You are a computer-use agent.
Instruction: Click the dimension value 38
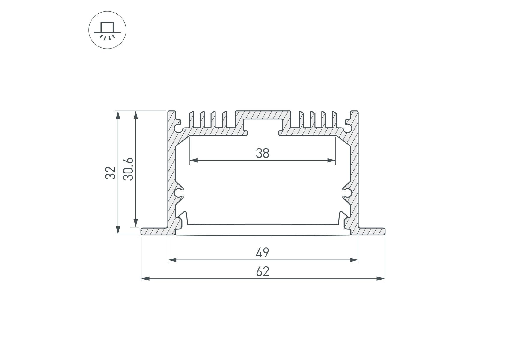pyautogui.click(x=263, y=153)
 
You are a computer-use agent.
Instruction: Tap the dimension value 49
pyautogui.click(x=263, y=253)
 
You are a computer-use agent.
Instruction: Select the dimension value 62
pyautogui.click(x=263, y=271)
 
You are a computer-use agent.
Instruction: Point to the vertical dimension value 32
pyautogui.click(x=111, y=173)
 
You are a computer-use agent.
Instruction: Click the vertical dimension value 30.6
pyautogui.click(x=128, y=169)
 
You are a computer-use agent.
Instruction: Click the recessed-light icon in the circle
pyautogui.click(x=107, y=30)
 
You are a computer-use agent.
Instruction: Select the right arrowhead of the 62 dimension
pyautogui.click(x=381, y=279)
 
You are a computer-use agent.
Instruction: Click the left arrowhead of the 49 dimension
pyautogui.click(x=172, y=260)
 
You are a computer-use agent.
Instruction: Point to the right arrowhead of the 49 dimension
pyautogui.click(x=354, y=260)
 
